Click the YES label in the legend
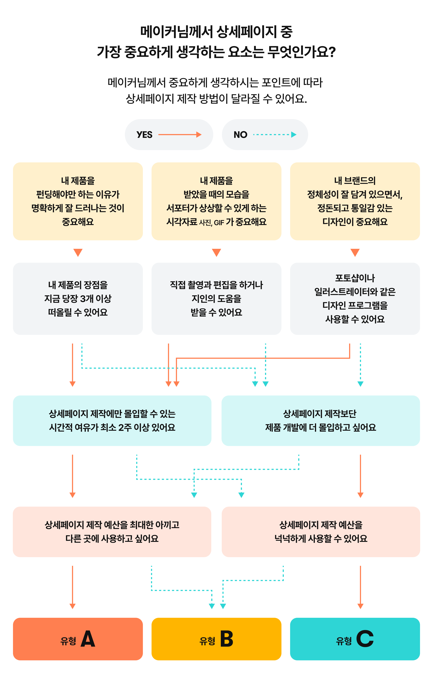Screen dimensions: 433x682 145,135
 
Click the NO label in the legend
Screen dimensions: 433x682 240,135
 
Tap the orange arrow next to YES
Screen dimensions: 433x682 180,135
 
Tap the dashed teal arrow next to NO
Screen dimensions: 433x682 275,135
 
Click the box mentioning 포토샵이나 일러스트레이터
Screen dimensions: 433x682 355,299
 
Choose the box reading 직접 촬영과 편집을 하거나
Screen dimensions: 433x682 216,299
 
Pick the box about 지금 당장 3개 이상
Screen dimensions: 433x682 78,299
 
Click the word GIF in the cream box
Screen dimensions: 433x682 219,223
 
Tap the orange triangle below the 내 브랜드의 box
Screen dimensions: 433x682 355,252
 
